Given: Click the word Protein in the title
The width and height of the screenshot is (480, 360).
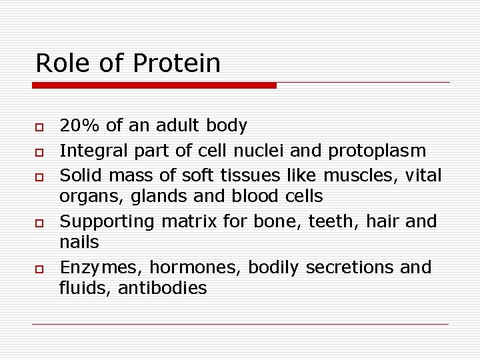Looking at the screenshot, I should click(177, 63).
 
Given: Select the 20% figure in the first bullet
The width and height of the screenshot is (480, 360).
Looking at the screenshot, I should click(79, 125).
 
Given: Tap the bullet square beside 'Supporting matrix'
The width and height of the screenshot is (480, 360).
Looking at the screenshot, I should click(39, 222).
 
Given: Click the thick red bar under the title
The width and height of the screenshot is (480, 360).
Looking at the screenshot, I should click(153, 85).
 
